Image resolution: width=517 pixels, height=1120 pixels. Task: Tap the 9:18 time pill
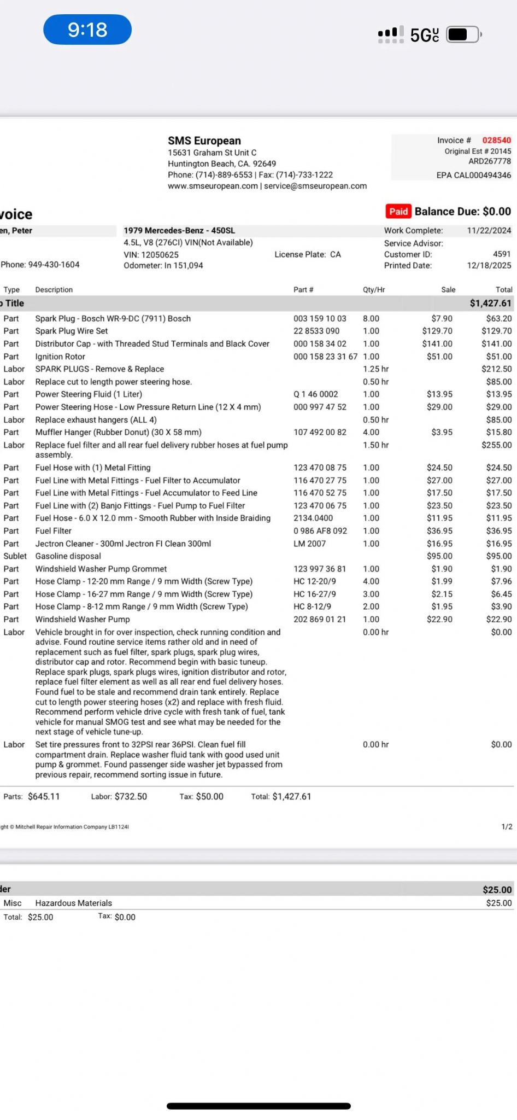pyautogui.click(x=87, y=30)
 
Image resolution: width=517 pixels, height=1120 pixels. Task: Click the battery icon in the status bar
pyautogui.click(x=463, y=34)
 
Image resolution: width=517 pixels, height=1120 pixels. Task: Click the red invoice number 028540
pyautogui.click(x=496, y=141)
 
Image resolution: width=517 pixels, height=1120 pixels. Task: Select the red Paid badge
pyautogui.click(x=398, y=212)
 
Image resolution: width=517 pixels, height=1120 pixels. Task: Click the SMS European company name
pyautogui.click(x=204, y=141)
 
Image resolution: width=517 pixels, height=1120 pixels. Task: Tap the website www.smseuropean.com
pyautogui.click(x=213, y=186)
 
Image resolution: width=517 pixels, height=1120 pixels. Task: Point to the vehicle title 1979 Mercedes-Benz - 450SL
pyautogui.click(x=179, y=231)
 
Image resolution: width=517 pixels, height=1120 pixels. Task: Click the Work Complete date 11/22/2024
pyautogui.click(x=489, y=231)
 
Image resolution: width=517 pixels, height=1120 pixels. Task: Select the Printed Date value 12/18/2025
pyautogui.click(x=489, y=266)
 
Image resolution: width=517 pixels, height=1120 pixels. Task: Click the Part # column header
pyautogui.click(x=303, y=290)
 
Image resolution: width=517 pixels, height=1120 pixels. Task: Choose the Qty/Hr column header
pyautogui.click(x=374, y=290)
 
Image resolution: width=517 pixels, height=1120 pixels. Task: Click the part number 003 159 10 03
pyautogui.click(x=320, y=319)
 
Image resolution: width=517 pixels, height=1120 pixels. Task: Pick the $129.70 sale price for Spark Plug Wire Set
pyautogui.click(x=437, y=331)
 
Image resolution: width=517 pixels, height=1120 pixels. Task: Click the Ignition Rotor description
pyautogui.click(x=60, y=357)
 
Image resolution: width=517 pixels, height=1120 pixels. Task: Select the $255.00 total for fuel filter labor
pyautogui.click(x=496, y=445)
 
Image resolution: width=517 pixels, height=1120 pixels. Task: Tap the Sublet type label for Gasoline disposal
pyautogui.click(x=15, y=556)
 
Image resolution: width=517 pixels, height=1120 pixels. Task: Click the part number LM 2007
pyautogui.click(x=309, y=544)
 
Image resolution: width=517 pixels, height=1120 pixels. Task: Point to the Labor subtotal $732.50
pyautogui.click(x=131, y=797)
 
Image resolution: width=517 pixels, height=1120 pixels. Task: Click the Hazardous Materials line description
pyautogui.click(x=73, y=903)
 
